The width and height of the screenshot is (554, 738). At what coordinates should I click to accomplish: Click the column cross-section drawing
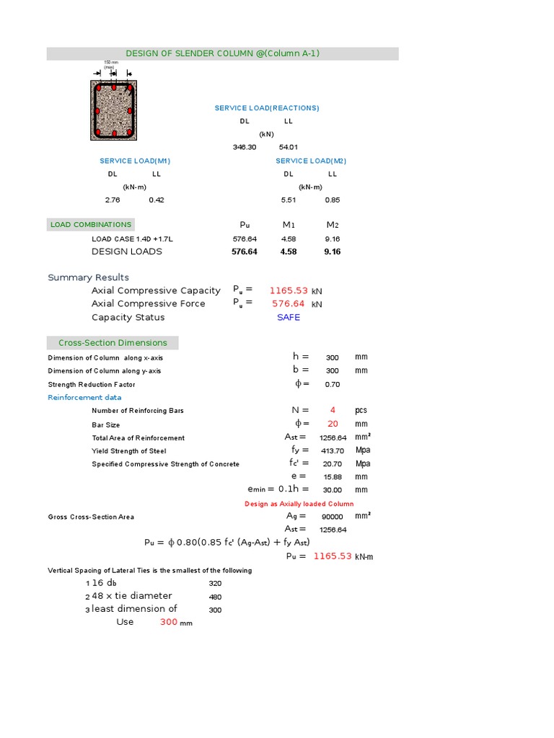click(x=113, y=110)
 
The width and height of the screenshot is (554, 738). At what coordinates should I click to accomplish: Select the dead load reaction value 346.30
click(x=245, y=147)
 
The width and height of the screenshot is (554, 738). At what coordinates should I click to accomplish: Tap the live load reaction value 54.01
click(x=289, y=147)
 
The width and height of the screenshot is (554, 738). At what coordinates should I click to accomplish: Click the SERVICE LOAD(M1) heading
click(x=135, y=161)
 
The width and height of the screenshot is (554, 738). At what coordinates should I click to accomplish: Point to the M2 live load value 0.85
click(x=332, y=200)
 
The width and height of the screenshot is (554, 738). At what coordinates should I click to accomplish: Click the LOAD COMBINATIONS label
click(x=91, y=225)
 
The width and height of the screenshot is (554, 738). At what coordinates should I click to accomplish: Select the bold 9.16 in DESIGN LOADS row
click(x=332, y=252)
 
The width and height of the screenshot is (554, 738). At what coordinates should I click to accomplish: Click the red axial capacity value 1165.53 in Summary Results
click(x=289, y=290)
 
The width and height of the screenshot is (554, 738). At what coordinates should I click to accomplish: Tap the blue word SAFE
click(x=289, y=317)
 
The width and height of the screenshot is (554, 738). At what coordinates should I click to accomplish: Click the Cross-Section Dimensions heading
click(x=113, y=343)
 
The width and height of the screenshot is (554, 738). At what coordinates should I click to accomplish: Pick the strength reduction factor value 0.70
click(x=332, y=384)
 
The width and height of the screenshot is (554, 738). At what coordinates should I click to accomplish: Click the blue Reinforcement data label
click(x=84, y=397)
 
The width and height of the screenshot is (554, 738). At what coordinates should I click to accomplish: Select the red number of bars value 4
click(x=333, y=410)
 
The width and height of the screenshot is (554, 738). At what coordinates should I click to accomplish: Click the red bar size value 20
click(x=333, y=424)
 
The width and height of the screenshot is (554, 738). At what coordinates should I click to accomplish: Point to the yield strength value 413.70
click(x=332, y=450)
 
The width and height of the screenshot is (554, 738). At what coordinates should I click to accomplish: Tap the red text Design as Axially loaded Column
click(x=299, y=504)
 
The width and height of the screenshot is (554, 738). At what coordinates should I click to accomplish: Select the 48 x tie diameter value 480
click(x=215, y=597)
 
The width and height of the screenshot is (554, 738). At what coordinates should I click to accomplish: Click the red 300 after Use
click(x=169, y=622)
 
